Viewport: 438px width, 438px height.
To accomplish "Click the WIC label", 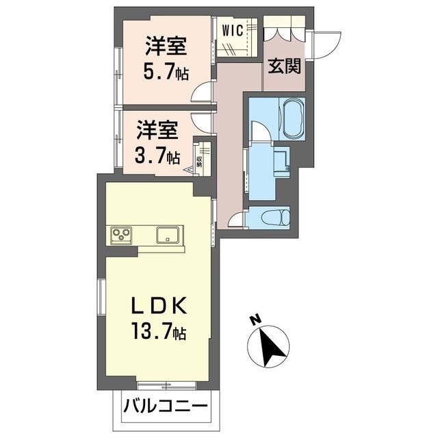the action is point(233,30).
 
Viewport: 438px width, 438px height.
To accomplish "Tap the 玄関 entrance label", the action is point(285,66).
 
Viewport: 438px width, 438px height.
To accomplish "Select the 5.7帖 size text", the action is point(166,71).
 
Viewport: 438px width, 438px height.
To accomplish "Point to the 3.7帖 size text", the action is point(157,156).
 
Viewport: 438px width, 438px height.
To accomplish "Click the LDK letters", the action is point(159,306).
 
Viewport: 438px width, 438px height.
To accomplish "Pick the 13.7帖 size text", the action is point(159,331).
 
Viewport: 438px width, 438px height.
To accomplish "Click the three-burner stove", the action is point(121,234).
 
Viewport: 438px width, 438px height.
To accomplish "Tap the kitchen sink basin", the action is point(168,235).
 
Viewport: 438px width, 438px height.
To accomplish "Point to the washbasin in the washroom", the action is point(281,162).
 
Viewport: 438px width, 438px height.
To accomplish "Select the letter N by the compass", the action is point(255,320).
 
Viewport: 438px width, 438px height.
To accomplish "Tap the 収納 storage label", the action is point(199,162).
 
